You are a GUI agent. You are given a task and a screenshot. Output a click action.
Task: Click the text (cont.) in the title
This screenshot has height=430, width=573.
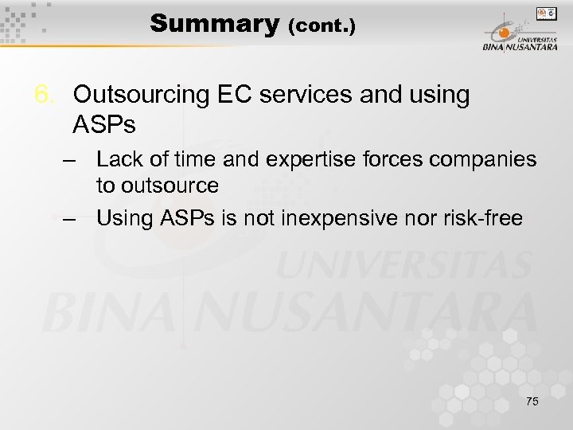coord(322,25)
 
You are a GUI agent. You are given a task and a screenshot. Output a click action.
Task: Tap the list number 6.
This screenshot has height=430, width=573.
coord(45,95)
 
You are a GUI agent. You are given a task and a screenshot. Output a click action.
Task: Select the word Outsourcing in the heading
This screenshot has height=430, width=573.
coord(139,95)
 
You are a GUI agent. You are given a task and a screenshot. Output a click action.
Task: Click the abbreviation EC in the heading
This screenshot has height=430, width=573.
coord(232,95)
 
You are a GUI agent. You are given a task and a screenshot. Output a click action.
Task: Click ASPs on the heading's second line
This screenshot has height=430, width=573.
coord(104,124)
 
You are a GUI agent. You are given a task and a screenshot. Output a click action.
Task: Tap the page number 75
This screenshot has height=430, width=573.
coord(532,401)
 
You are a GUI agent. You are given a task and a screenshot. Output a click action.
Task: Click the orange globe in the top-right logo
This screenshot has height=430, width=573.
coord(504,33)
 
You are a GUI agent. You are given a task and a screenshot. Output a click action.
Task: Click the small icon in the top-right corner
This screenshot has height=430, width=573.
coord(547,14)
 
